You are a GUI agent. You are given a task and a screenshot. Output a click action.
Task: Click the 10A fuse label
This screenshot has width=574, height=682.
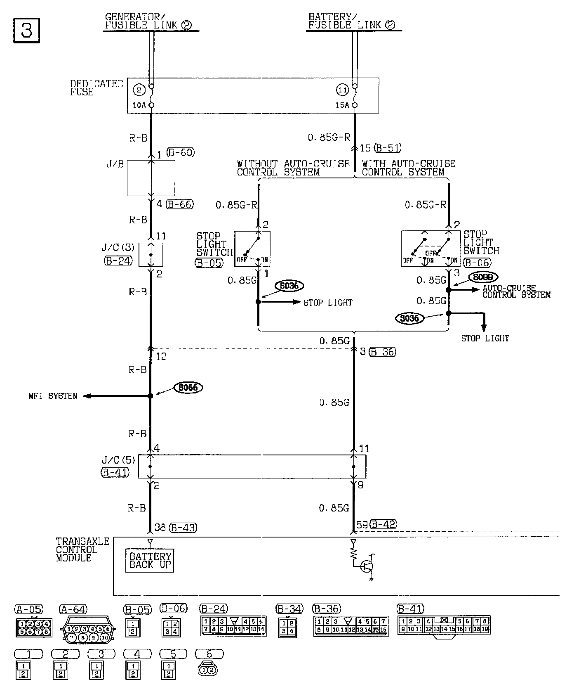coord(139,105)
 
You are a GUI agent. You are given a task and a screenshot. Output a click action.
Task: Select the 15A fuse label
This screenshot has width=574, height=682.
coord(342,105)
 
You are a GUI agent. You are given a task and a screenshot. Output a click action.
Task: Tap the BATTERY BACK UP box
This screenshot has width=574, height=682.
coord(150,561)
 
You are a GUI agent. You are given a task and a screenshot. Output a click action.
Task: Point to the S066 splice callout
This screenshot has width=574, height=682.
coord(188,388)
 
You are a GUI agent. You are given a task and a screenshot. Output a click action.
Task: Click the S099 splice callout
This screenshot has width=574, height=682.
coord(483,277)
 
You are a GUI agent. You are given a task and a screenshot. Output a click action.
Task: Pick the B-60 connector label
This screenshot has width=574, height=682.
coord(180,153)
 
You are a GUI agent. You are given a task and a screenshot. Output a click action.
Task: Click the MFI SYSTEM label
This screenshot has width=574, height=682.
coord(53,396)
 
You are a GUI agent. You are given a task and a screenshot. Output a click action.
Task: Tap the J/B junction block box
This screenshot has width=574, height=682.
coord(151,178)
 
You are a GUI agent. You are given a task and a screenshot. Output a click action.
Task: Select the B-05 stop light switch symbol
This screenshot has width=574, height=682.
coord(252,249)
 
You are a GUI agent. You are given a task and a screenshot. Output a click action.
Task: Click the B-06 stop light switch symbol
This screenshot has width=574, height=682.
coord(430,249)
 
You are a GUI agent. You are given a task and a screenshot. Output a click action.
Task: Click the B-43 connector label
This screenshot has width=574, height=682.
coord(183,528)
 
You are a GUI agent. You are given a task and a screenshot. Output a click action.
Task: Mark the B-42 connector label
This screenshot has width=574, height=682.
coord(383,524)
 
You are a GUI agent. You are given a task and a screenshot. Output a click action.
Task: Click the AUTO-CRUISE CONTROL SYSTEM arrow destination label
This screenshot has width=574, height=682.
coord(516,291)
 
